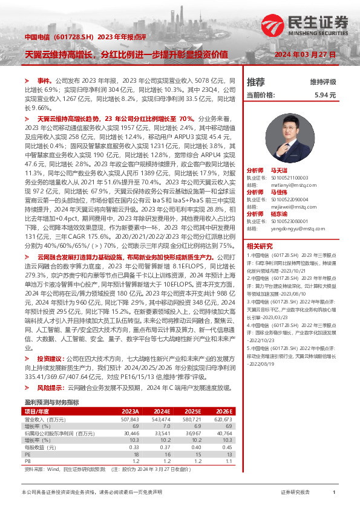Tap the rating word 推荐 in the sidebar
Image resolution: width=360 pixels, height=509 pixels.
[256, 82]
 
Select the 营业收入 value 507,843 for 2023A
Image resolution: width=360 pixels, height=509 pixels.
[130, 402]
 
